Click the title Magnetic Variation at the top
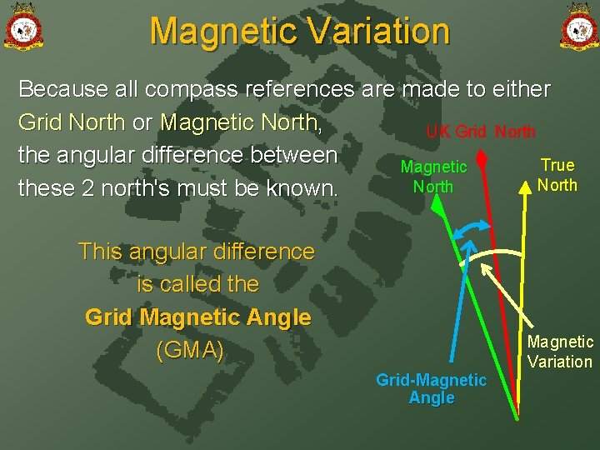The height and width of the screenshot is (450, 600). pos(300,32)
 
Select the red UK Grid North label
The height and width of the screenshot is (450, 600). pos(481,132)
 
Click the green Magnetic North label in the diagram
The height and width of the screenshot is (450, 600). pos(433,177)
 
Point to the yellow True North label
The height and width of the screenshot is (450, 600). pos(557,175)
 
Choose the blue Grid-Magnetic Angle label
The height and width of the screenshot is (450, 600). pos(431,389)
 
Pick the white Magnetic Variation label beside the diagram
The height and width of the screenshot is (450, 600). pos(560,352)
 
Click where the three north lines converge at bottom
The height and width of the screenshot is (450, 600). pos(517,415)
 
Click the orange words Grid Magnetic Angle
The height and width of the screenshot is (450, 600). pos(198,317)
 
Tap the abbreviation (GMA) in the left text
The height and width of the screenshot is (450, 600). pos(190,351)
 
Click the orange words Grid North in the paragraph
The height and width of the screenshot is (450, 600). pos(71,122)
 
